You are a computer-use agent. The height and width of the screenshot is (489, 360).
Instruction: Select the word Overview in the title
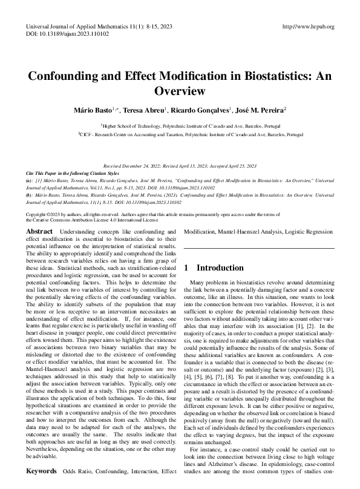tap(180, 91)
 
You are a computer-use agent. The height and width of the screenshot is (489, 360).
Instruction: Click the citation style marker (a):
tap(30, 180)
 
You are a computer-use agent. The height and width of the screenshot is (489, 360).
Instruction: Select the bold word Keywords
tap(42, 470)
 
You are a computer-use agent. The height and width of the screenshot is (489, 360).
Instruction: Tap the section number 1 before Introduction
tap(187, 267)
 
